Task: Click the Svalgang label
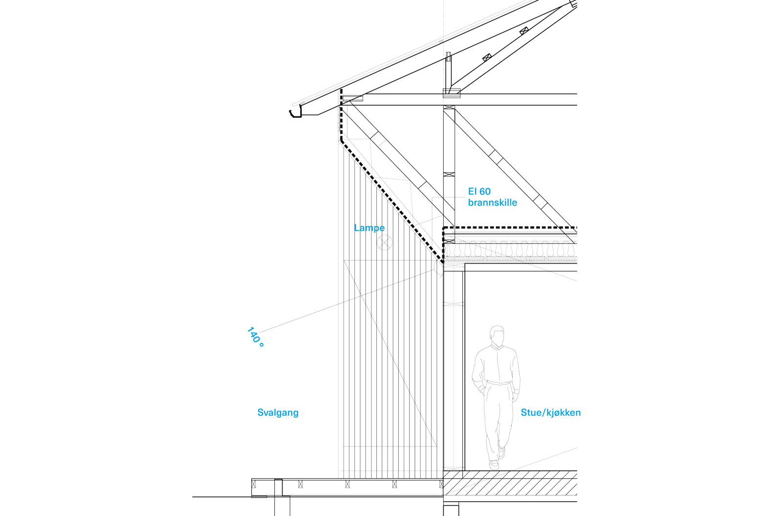pyautogui.click(x=278, y=413)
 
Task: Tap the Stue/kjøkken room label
pyautogui.click(x=550, y=413)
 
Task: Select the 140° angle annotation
pyautogui.click(x=256, y=337)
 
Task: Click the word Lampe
pyautogui.click(x=370, y=228)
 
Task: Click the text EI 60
pyautogui.click(x=479, y=192)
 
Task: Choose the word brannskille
pyautogui.click(x=492, y=202)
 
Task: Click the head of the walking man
pyautogui.click(x=497, y=335)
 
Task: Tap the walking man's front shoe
pyautogui.click(x=495, y=463)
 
